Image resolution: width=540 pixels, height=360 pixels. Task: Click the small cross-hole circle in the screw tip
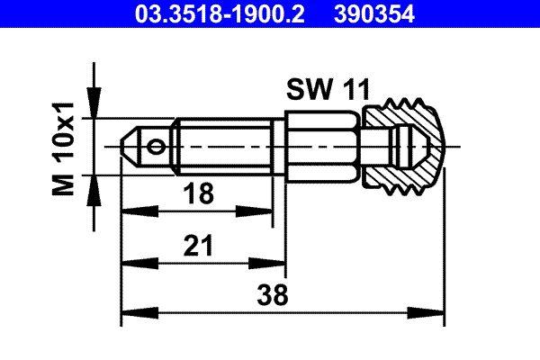[158, 144]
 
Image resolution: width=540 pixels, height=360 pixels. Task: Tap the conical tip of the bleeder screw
[130, 144]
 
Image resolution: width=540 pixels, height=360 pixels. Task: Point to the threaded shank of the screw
[225, 144]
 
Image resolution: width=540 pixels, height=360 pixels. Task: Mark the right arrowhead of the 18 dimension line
[267, 212]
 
